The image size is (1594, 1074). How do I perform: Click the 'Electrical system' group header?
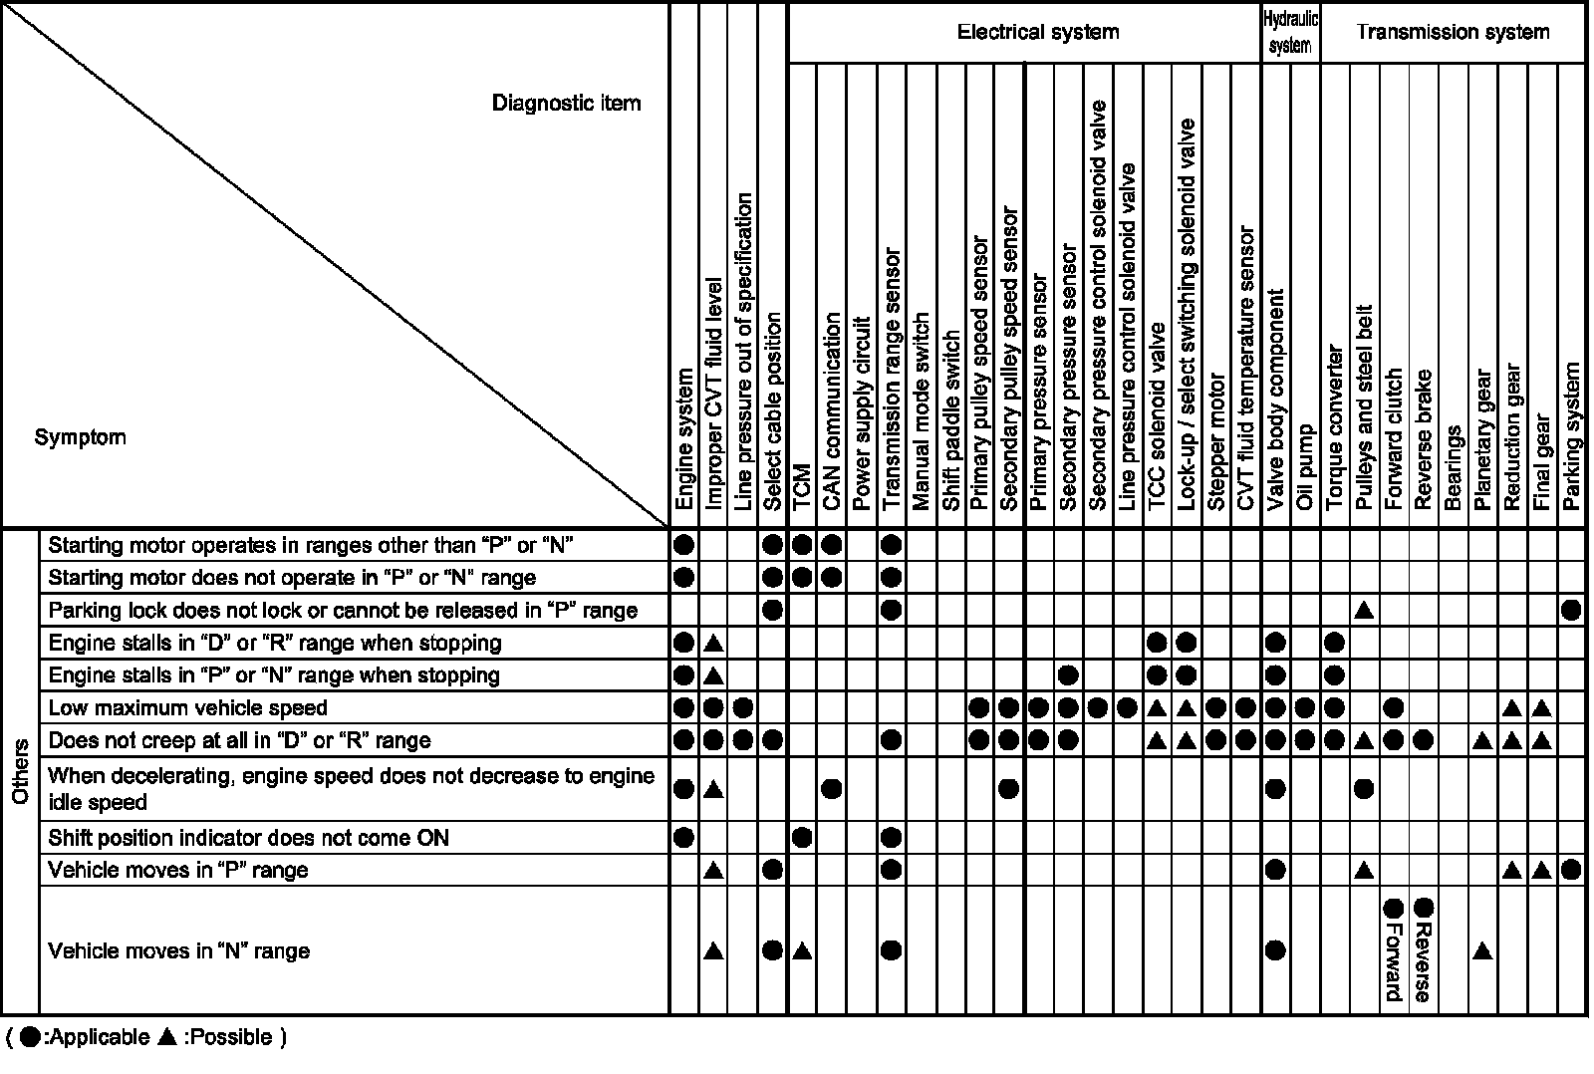(x=1037, y=33)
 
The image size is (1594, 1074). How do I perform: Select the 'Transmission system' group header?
(x=1452, y=33)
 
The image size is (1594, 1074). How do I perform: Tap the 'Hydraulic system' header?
(x=1290, y=32)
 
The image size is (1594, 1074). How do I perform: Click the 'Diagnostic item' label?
(x=566, y=104)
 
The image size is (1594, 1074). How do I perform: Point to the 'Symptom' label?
(x=80, y=437)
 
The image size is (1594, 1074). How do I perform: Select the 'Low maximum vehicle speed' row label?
(x=187, y=708)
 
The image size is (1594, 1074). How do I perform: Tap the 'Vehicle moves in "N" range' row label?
(x=178, y=951)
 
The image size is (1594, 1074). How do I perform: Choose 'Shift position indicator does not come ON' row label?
(x=248, y=838)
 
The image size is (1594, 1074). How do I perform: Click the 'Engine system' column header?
(x=684, y=439)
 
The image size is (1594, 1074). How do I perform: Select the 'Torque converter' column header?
(x=1335, y=428)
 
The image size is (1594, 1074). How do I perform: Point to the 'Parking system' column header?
(x=1572, y=436)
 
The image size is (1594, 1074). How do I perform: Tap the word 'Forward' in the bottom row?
(x=1393, y=962)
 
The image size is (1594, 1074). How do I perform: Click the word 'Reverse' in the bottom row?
(x=1423, y=962)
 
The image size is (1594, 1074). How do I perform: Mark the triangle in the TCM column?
(x=802, y=951)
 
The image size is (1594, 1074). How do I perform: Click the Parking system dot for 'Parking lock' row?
(x=1572, y=610)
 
